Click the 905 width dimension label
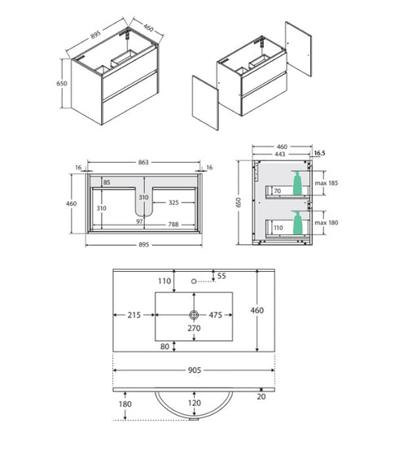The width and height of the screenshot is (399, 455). [x=195, y=370]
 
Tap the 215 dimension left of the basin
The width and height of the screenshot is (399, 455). [x=134, y=315]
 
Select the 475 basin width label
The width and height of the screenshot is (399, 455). [x=216, y=315]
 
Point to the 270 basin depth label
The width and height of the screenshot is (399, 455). [x=194, y=328]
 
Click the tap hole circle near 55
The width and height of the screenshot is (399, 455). [x=194, y=281]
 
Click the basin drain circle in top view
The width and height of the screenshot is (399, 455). [x=194, y=314]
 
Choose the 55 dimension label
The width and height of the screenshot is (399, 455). [x=221, y=276]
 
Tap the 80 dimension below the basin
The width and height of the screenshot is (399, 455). [x=164, y=347]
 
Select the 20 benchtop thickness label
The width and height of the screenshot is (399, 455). [x=261, y=396]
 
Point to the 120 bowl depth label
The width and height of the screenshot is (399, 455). [x=195, y=403]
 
